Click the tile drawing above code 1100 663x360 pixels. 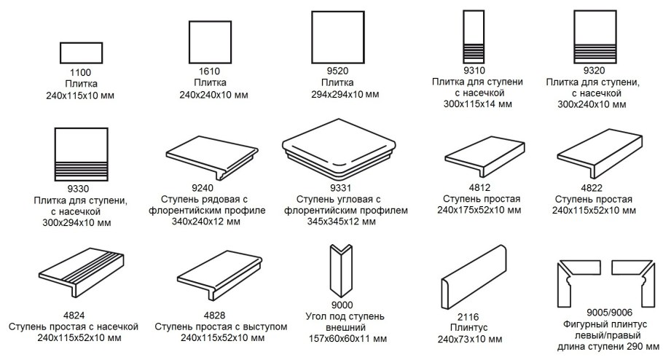coord(80,53)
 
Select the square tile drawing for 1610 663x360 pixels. coord(210,42)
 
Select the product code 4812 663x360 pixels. coord(478,188)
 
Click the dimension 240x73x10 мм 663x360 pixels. coord(470,339)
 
